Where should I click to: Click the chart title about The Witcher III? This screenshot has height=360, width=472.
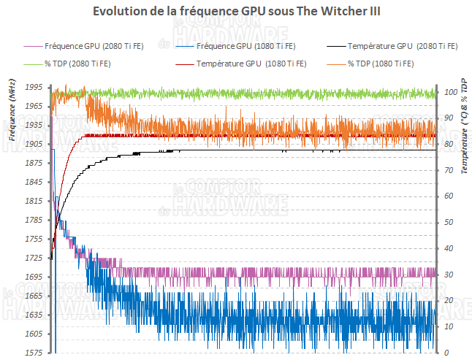235,13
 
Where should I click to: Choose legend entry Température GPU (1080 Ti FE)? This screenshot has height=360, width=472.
250,64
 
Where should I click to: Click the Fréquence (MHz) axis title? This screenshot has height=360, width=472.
12,110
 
